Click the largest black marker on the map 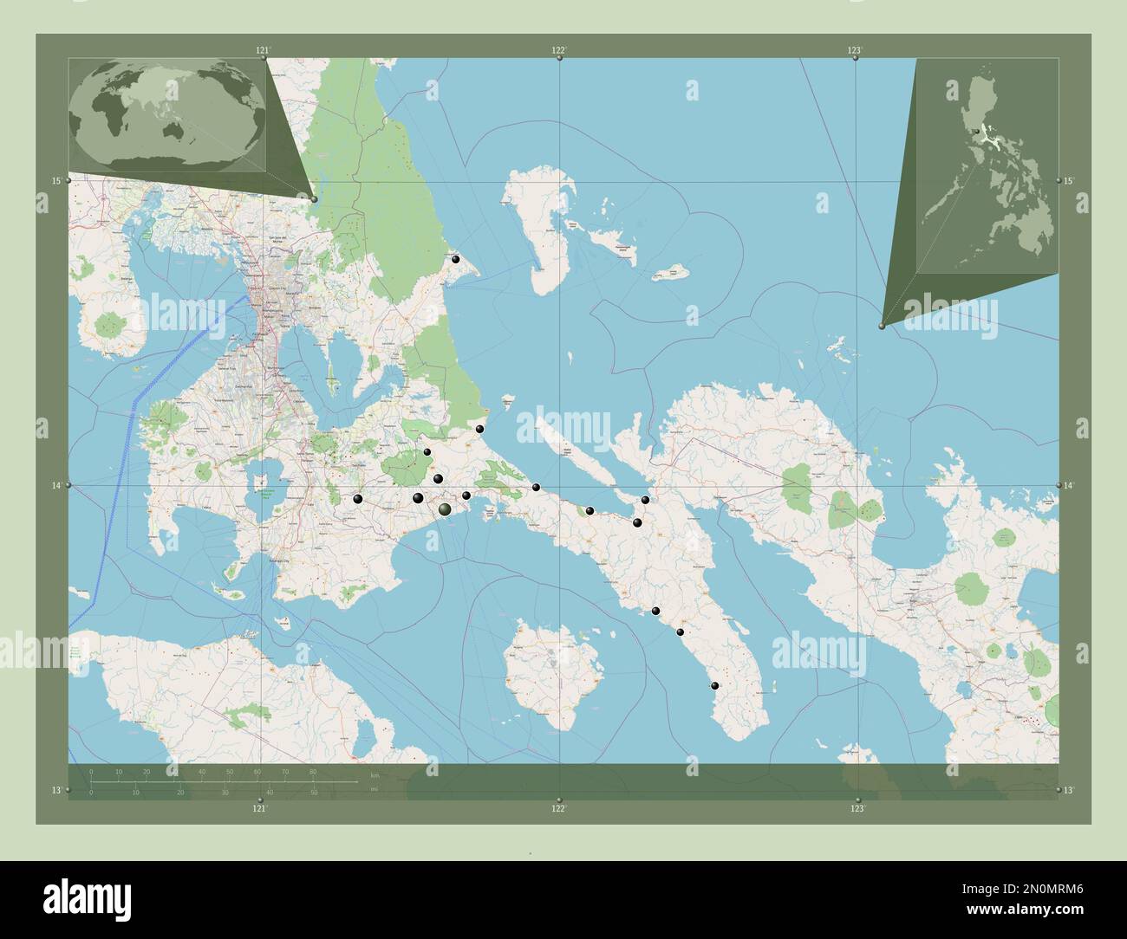(x=446, y=510)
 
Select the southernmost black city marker (x=715, y=686)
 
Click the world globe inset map (x=167, y=114)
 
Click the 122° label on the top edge (x=559, y=50)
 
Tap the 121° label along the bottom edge (x=259, y=808)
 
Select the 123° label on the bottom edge (x=857, y=808)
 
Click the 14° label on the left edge (x=56, y=486)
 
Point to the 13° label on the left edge (x=56, y=790)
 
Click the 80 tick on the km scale (x=312, y=772)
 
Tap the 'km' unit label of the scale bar (x=375, y=774)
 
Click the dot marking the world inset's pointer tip (x=314, y=199)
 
